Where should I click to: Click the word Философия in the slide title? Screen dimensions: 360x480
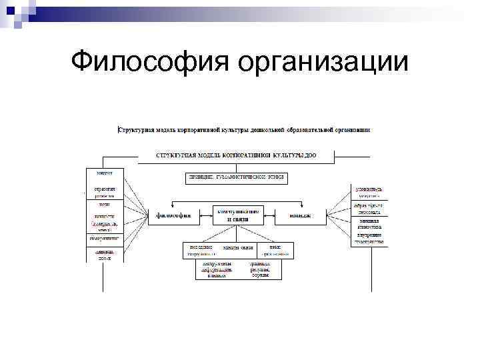click(x=151, y=62)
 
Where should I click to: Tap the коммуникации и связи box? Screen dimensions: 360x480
click(x=237, y=215)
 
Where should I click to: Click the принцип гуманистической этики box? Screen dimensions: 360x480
click(x=237, y=177)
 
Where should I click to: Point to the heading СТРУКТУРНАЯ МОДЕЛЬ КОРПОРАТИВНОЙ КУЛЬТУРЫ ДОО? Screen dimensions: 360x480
click(x=236, y=155)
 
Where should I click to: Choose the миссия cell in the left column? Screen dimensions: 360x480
click(x=103, y=173)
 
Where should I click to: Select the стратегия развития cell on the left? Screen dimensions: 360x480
click(x=103, y=193)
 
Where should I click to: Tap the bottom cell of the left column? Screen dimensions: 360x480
click(x=103, y=255)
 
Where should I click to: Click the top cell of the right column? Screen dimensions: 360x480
click(x=368, y=193)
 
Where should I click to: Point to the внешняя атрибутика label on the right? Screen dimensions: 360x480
click(x=368, y=224)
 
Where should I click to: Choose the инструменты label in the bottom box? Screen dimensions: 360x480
click(x=216, y=264)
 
